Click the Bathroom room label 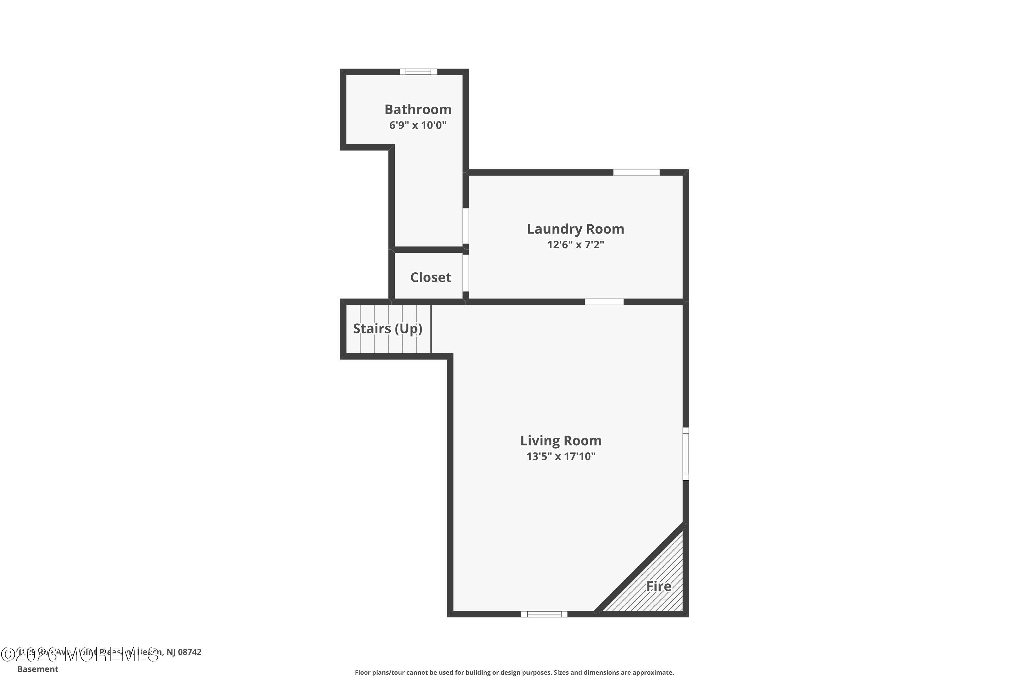[x=418, y=109]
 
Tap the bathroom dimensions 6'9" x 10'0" [x=418, y=126]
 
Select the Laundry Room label [x=575, y=229]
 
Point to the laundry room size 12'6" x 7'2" [x=575, y=245]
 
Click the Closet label [x=430, y=277]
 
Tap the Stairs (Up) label [x=388, y=329]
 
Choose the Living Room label [x=560, y=440]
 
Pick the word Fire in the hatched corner [x=659, y=586]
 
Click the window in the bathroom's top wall [x=418, y=72]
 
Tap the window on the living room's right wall [x=686, y=454]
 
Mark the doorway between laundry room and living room [x=604, y=302]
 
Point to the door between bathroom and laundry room [x=466, y=226]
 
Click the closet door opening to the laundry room [x=466, y=273]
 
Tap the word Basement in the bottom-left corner [x=38, y=669]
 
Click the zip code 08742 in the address [x=190, y=652]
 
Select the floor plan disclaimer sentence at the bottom [x=514, y=672]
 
